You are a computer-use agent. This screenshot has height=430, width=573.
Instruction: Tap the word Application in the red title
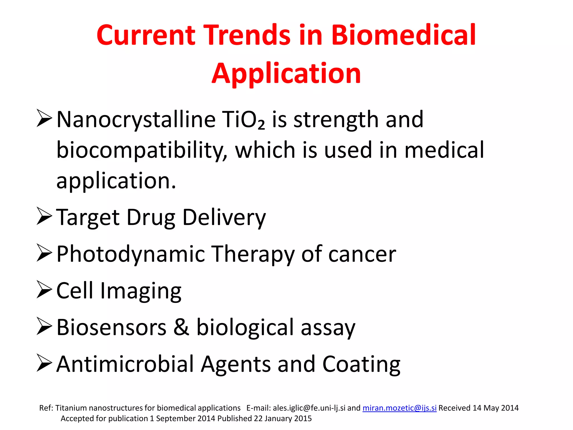286,73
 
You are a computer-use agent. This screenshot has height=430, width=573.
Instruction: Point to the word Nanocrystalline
136,120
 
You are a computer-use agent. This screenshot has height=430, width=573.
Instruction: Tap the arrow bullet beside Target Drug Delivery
44,216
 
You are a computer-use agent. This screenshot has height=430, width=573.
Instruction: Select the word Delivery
224,218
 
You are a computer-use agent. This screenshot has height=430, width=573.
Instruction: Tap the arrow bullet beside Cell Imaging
44,290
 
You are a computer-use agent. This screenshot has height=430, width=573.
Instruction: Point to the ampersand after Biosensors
181,327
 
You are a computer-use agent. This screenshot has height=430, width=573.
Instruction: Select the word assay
328,328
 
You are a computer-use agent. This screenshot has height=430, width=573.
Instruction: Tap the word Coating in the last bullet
361,364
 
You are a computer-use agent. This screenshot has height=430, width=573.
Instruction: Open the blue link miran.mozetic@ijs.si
399,408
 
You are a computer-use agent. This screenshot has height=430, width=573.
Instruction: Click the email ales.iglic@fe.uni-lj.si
309,408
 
